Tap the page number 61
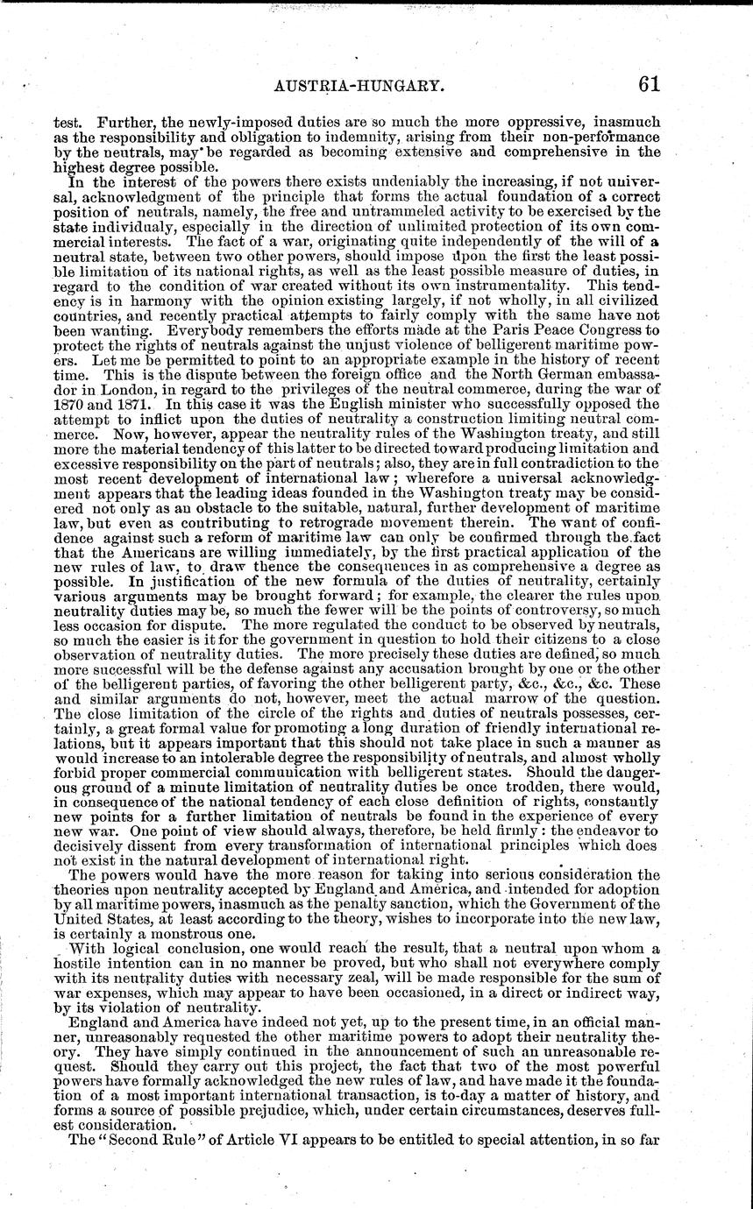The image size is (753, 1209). pos(649,83)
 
